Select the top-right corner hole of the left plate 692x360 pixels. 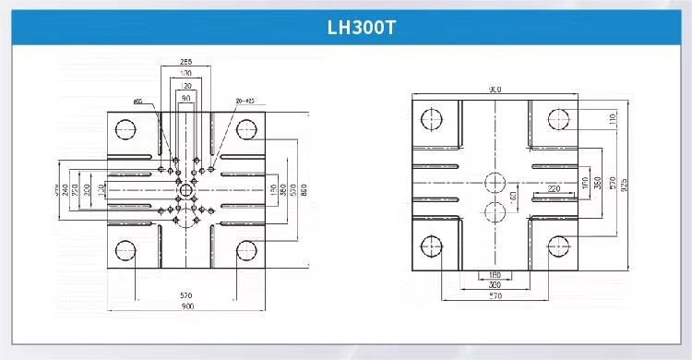click(x=246, y=128)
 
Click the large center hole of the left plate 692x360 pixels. click(x=186, y=190)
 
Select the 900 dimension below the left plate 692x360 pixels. click(x=186, y=306)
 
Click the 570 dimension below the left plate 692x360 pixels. click(x=186, y=295)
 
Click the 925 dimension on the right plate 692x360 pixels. click(x=625, y=185)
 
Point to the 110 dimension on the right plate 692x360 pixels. click(x=612, y=118)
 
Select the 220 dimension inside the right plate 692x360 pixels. click(x=554, y=188)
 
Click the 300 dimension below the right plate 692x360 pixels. click(x=495, y=286)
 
